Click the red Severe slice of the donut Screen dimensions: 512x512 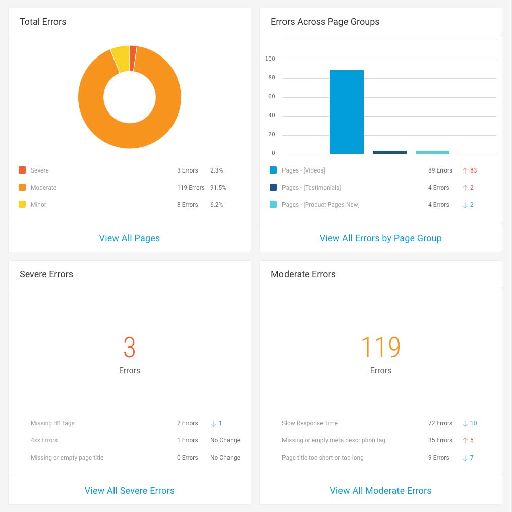pyautogui.click(x=133, y=58)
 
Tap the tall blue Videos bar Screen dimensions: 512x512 pyautogui.click(x=347, y=112)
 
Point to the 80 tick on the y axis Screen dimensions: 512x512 pyautogui.click(x=272, y=78)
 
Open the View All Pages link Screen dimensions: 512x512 pyautogui.click(x=130, y=238)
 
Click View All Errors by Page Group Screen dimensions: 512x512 pyautogui.click(x=381, y=238)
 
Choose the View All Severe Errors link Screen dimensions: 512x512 pyautogui.click(x=130, y=491)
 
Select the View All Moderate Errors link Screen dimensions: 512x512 pyautogui.click(x=381, y=491)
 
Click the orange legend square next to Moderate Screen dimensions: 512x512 pyautogui.click(x=22, y=188)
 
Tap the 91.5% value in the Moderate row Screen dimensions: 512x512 pyautogui.click(x=218, y=188)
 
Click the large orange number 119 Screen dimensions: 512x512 pyautogui.click(x=381, y=347)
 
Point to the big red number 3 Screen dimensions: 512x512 pyautogui.click(x=130, y=347)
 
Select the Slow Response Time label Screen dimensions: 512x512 pyautogui.click(x=310, y=423)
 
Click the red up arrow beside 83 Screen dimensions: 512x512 pyautogui.click(x=465, y=170)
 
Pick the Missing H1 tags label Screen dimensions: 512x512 pyautogui.click(x=52, y=423)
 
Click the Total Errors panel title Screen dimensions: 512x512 pyautogui.click(x=43, y=22)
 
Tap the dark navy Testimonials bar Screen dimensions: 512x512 pyautogui.click(x=389, y=152)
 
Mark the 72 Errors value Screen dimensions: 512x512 pyautogui.click(x=440, y=423)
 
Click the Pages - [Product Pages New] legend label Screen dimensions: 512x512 pyautogui.click(x=321, y=205)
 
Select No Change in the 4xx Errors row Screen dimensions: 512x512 pyautogui.click(x=225, y=440)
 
